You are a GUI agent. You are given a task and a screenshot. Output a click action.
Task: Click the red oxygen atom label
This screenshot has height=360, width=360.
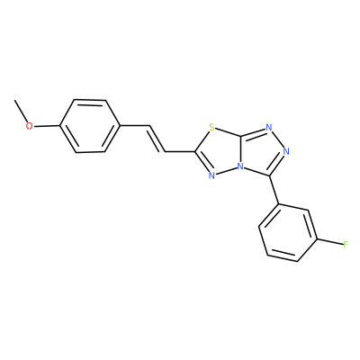(x=29, y=126)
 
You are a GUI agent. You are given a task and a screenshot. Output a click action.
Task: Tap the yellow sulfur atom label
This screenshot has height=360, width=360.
(x=212, y=128)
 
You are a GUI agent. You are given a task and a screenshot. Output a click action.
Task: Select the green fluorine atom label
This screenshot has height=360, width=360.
(x=346, y=245)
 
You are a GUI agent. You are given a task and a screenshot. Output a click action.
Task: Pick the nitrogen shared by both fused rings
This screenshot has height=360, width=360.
(x=240, y=166)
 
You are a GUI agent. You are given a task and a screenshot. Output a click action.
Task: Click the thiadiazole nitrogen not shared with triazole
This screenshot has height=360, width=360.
(x=211, y=175)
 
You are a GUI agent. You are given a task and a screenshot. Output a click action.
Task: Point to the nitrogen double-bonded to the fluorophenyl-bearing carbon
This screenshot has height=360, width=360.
(x=286, y=151)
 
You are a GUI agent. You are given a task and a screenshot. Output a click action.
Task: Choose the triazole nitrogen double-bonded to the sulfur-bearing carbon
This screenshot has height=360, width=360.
(x=269, y=128)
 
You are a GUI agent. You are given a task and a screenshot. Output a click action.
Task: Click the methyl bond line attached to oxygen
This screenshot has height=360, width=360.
(x=21, y=111)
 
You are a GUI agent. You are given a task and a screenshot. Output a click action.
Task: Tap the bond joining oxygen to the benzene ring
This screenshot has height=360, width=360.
(x=47, y=126)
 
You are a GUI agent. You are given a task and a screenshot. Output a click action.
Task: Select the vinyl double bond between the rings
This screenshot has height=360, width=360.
(x=157, y=139)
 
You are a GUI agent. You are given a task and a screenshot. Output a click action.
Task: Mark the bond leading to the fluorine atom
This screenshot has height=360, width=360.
(x=330, y=242)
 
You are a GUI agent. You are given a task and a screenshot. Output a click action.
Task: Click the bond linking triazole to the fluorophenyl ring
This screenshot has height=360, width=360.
(x=274, y=190)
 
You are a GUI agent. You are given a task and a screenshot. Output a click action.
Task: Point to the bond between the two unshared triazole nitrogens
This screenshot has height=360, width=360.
(x=277, y=139)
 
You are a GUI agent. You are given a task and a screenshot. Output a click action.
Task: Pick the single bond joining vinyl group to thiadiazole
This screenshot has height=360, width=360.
(x=180, y=151)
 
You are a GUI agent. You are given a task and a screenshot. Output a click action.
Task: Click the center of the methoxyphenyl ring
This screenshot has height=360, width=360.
(x=90, y=126)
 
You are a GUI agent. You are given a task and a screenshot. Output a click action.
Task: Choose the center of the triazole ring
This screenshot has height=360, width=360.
(x=261, y=151)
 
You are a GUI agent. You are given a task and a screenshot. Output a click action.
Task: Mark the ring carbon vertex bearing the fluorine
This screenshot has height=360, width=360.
(x=318, y=239)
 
